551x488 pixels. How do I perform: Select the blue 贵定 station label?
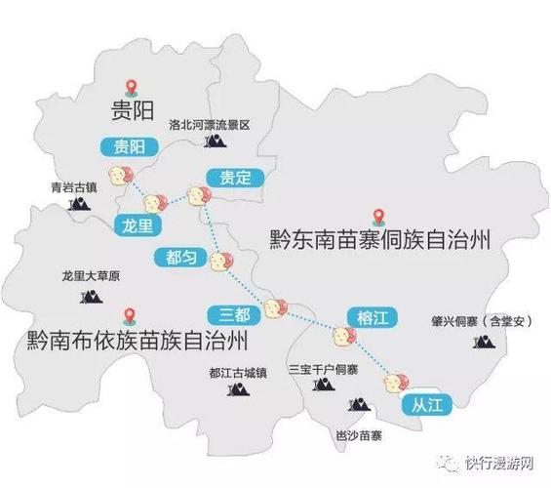pos(235,177)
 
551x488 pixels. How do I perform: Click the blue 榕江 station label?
pos(368,315)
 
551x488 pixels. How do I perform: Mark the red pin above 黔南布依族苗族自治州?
pos(128,315)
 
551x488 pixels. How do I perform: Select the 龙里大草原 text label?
pos(90,277)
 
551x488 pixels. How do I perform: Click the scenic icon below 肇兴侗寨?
pos(481,341)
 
